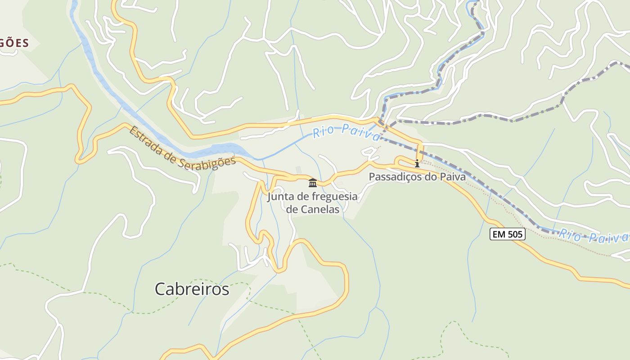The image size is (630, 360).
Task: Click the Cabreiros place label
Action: point(192,289)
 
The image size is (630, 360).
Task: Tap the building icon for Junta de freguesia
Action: point(313,183)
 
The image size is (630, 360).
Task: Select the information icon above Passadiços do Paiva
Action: point(417,163)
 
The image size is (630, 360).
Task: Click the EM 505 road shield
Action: point(508,234)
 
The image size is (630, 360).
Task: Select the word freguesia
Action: point(332,197)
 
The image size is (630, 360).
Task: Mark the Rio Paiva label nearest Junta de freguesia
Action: point(346,132)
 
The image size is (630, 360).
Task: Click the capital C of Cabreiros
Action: point(160,289)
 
